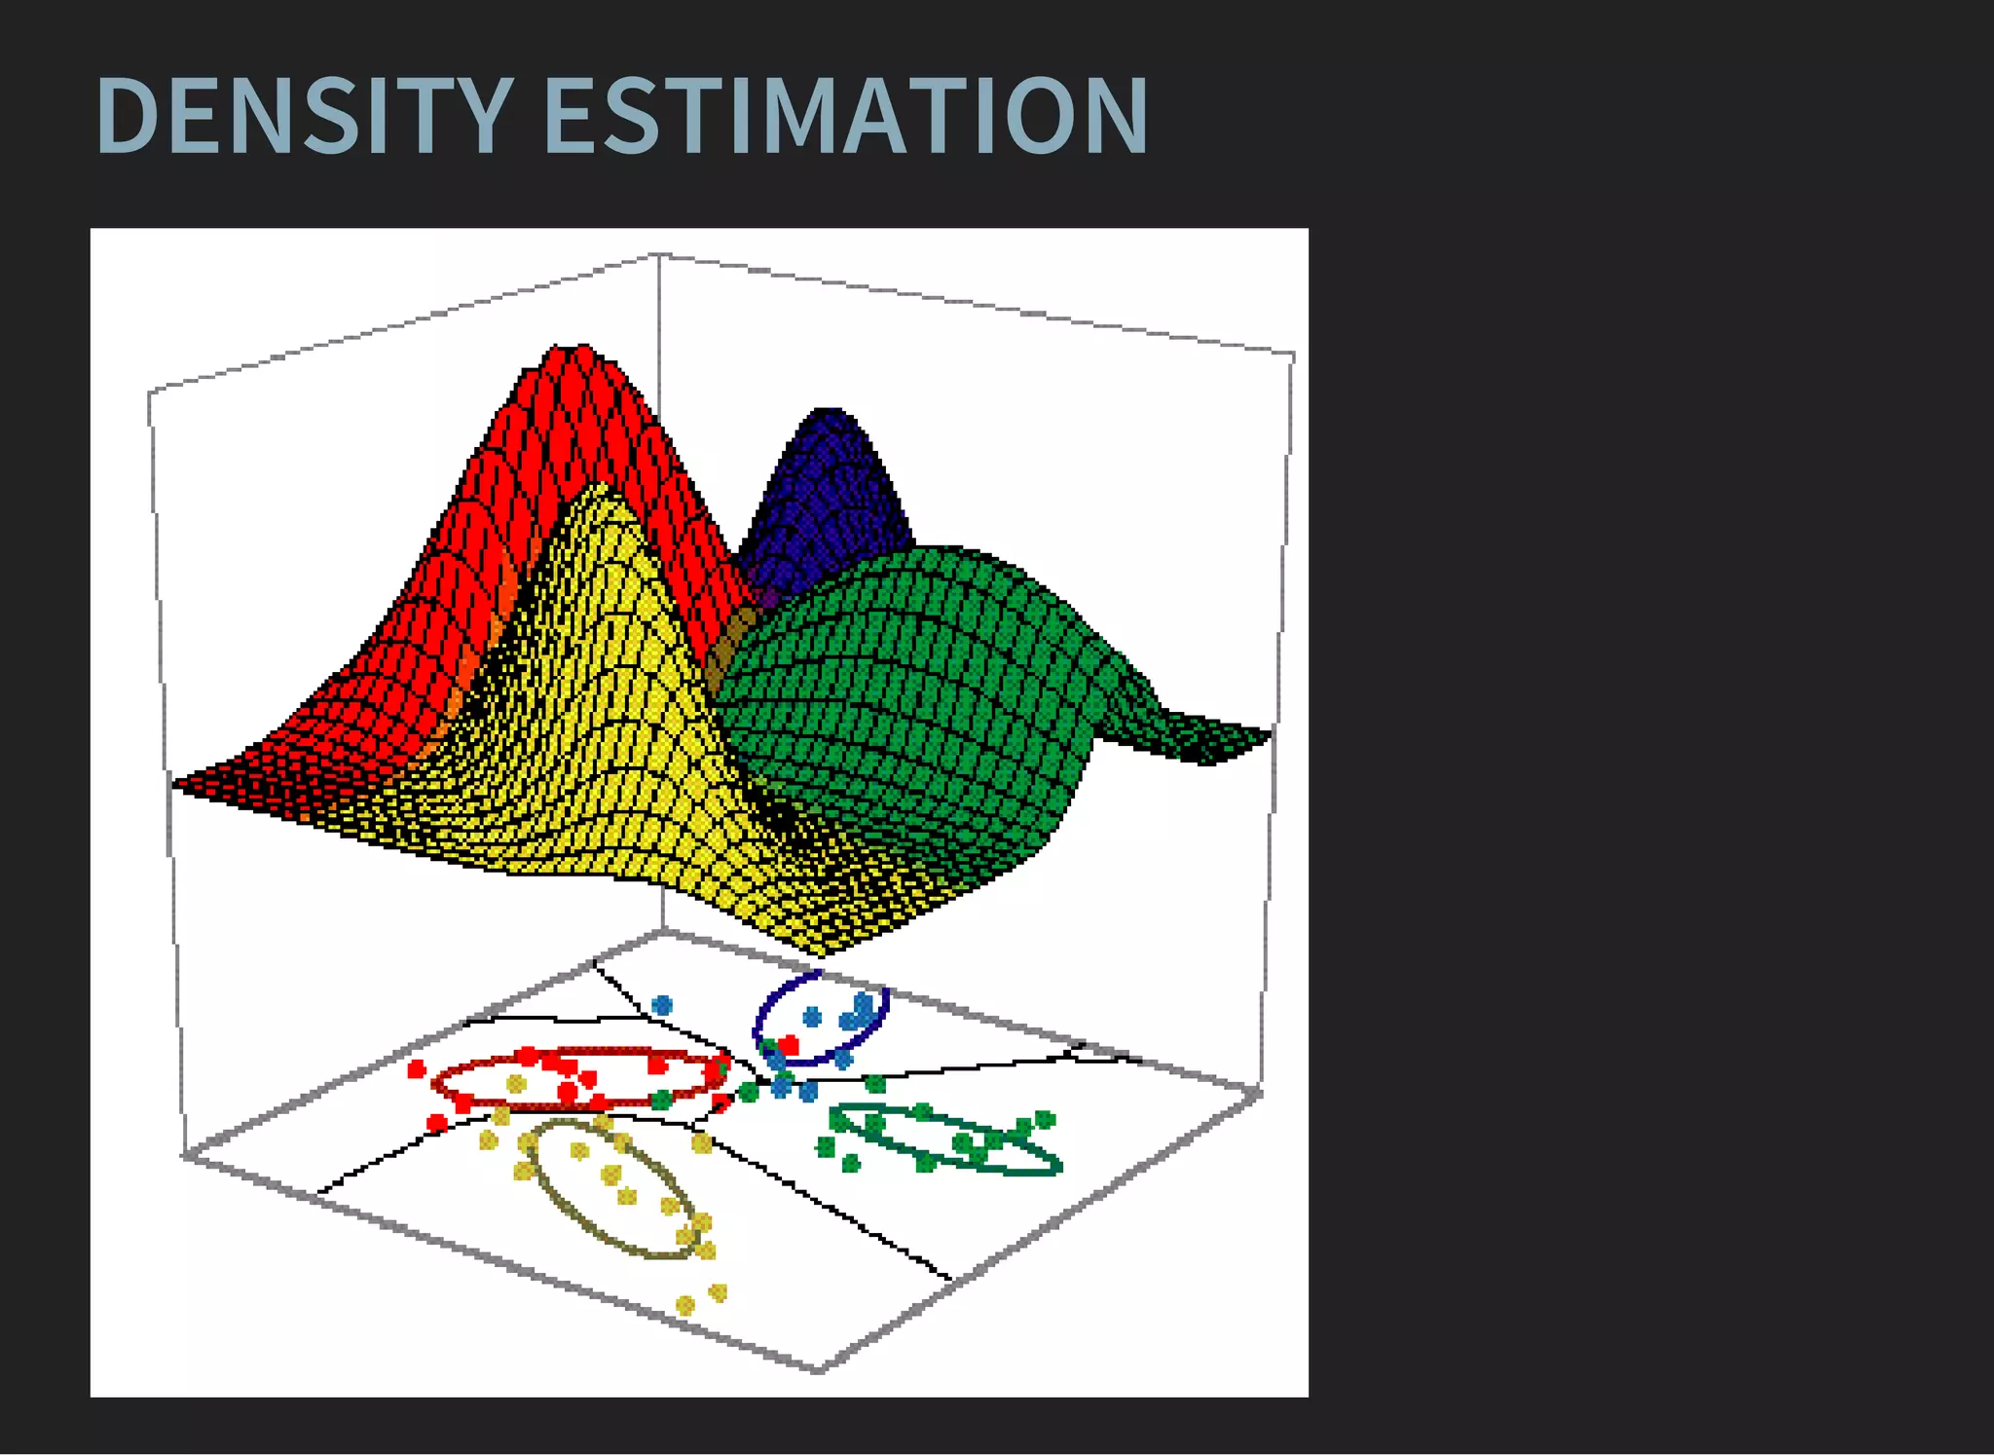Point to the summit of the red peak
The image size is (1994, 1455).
(x=570, y=347)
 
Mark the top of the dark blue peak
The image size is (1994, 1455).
(x=828, y=410)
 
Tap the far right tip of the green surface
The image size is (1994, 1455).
(x=1269, y=732)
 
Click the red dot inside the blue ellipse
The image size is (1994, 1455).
(x=789, y=1045)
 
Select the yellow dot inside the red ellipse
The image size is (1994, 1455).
(x=516, y=1084)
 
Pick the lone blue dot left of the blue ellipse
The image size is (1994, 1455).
(x=662, y=1004)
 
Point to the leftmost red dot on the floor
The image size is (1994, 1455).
(x=417, y=1069)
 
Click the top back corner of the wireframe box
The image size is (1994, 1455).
(x=659, y=255)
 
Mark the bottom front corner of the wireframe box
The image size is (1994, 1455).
(x=818, y=1369)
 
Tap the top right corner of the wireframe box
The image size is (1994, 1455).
(x=1293, y=353)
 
